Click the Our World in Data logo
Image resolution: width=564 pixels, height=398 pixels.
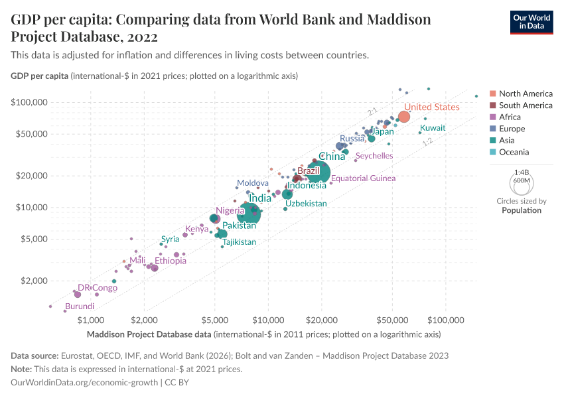click(531, 22)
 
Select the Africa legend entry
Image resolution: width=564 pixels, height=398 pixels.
click(510, 117)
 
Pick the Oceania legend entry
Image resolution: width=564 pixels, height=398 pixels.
click(514, 152)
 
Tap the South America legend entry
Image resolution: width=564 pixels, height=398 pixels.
click(525, 105)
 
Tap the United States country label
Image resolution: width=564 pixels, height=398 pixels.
click(431, 107)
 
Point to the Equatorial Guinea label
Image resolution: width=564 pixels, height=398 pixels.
click(363, 178)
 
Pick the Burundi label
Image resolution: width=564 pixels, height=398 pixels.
click(80, 306)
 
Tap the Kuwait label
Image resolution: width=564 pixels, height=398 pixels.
click(433, 128)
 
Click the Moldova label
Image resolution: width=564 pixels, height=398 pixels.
click(253, 183)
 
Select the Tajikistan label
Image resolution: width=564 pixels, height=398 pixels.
click(239, 242)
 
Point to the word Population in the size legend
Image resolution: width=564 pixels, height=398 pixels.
click(521, 210)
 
